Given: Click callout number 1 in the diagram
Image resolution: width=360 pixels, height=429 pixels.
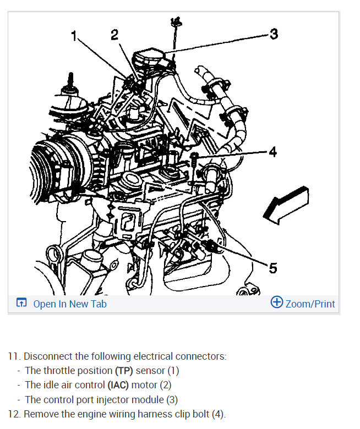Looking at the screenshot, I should click(x=74, y=36).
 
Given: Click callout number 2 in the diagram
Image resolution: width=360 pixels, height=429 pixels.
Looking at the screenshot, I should click(x=114, y=35).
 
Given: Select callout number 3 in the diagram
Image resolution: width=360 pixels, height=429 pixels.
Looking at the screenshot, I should click(x=274, y=35).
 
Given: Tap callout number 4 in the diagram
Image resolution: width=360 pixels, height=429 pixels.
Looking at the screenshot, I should click(x=272, y=152).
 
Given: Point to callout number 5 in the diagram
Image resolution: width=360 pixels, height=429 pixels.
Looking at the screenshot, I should click(x=273, y=268).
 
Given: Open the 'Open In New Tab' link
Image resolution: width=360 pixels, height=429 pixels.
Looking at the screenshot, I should click(x=70, y=304).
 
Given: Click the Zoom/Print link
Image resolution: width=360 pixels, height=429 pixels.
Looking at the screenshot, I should click(x=310, y=304).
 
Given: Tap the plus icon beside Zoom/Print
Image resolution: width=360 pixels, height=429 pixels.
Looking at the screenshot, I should click(x=277, y=302).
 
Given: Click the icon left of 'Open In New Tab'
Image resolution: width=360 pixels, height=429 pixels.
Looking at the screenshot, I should click(x=21, y=303).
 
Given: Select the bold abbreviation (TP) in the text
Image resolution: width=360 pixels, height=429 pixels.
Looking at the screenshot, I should click(x=123, y=371).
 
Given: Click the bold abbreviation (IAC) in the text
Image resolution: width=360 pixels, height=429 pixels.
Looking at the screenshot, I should click(x=118, y=385).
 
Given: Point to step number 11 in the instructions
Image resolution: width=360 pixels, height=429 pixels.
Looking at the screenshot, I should click(x=13, y=356).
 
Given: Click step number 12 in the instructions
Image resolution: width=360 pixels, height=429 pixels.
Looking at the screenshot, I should click(x=13, y=414).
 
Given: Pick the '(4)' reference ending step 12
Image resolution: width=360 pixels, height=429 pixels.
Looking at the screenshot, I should click(x=217, y=414).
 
